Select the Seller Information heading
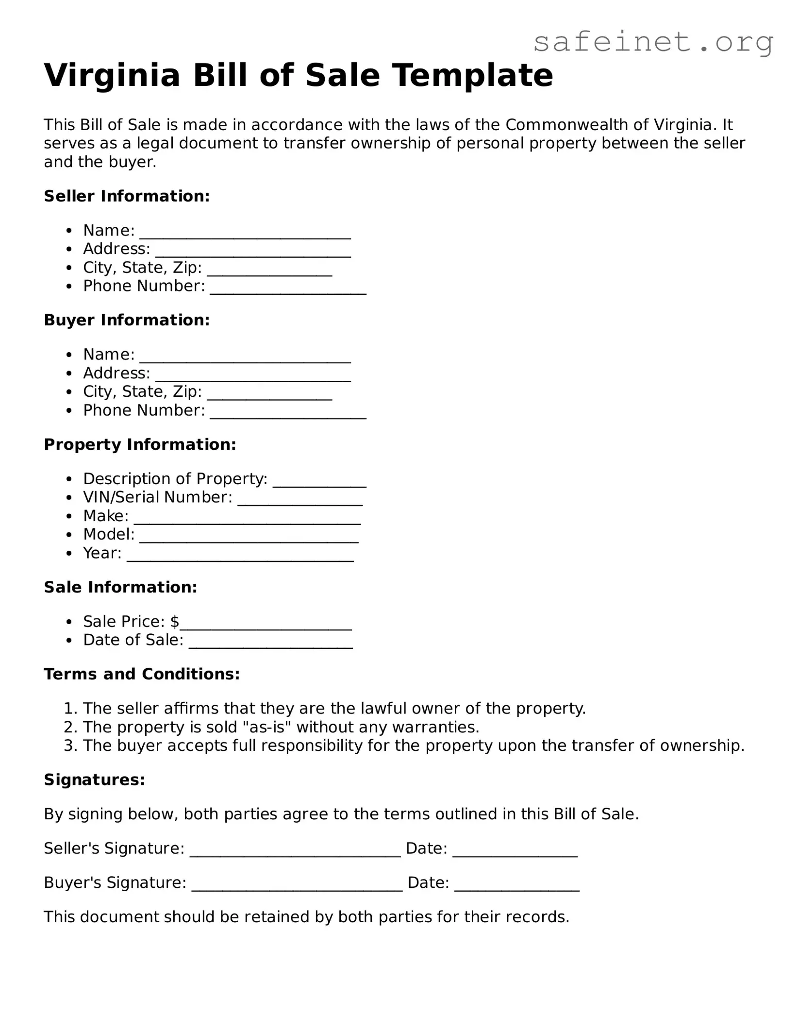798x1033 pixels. pyautogui.click(x=127, y=196)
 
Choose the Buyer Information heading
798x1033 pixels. pyautogui.click(x=127, y=320)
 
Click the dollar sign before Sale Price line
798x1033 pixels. pyautogui.click(x=175, y=622)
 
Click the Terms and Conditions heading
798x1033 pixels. pyautogui.click(x=142, y=674)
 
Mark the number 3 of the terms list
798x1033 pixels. pyautogui.click(x=68, y=745)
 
